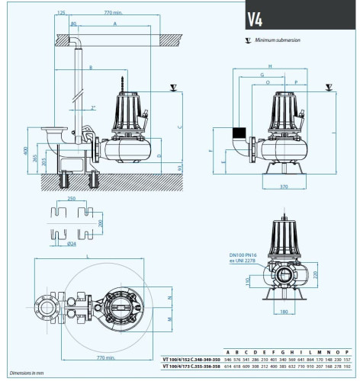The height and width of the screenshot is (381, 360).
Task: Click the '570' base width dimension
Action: point(284,185)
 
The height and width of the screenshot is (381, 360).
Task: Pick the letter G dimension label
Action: point(262,75)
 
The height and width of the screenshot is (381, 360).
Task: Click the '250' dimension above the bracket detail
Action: point(70,197)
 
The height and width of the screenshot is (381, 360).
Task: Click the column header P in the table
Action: point(347,351)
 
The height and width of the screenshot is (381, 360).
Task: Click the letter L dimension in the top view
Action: point(88,255)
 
